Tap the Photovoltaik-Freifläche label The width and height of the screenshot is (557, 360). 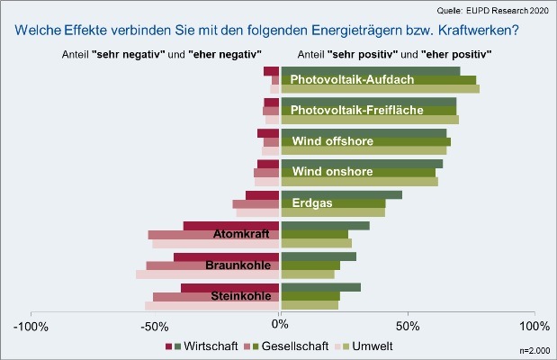358,111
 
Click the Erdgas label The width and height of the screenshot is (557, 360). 311,203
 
